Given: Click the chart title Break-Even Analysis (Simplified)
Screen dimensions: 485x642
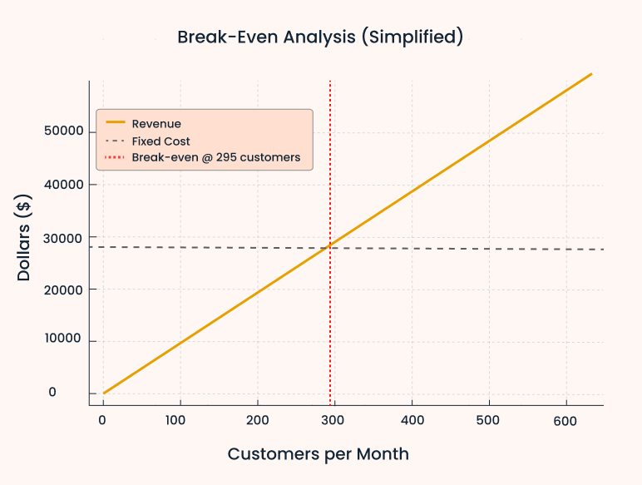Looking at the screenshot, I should coord(320,37).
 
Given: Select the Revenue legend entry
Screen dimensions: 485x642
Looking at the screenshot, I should coord(156,124).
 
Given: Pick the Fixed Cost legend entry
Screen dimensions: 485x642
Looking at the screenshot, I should coord(160,141).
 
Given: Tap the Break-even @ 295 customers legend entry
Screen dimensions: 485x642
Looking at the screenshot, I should coord(215,157).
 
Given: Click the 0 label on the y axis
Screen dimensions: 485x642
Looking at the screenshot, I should coord(76,393).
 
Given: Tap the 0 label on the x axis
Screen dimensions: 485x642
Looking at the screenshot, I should coord(102,421).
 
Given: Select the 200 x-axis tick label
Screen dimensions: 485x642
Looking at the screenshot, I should coord(257,421).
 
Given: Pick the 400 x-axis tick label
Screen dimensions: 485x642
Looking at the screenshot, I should coord(412,421).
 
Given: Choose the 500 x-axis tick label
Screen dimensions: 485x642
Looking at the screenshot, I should coord(489,421).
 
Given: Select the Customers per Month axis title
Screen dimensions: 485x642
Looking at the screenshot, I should coord(319,454).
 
